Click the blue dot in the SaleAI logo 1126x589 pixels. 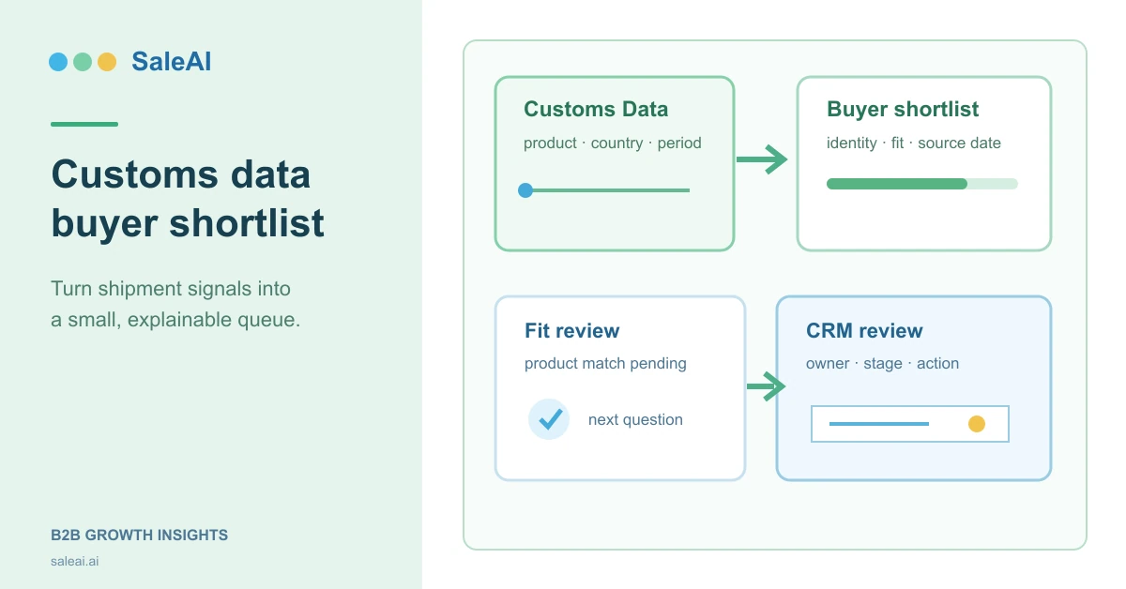pos(58,62)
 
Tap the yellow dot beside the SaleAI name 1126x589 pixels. pos(107,62)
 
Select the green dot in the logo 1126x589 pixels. pos(83,62)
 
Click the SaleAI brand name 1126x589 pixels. pos(172,62)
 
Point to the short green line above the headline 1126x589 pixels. pos(84,124)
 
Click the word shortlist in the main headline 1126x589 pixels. pos(247,222)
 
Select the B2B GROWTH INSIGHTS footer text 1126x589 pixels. pos(139,535)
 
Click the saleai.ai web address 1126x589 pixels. pos(74,562)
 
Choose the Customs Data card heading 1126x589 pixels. pos(596,109)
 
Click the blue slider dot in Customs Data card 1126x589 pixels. pos(525,190)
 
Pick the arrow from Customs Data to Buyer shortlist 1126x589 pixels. pos(762,159)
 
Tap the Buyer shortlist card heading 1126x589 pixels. pos(903,109)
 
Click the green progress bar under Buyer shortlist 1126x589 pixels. pos(897,184)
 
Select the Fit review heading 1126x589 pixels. pos(572,331)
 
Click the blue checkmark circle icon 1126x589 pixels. pos(549,419)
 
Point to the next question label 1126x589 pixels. pos(635,419)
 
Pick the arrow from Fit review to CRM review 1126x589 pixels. pos(766,386)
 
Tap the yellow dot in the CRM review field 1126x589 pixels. pos(977,424)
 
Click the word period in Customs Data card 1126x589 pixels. pos(679,143)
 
